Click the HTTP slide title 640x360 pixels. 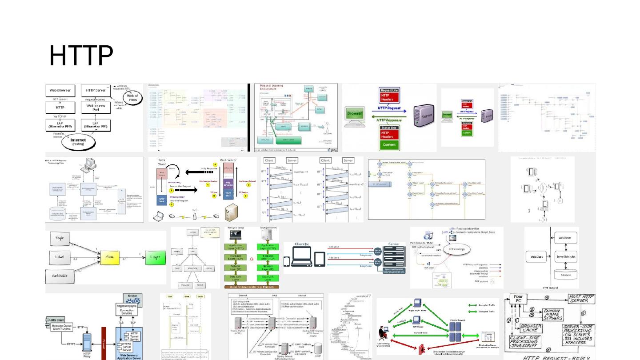(x=81, y=56)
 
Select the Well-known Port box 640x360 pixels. (x=96, y=107)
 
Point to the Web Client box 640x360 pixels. (x=537, y=256)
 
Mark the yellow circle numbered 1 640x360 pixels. (x=172, y=205)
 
